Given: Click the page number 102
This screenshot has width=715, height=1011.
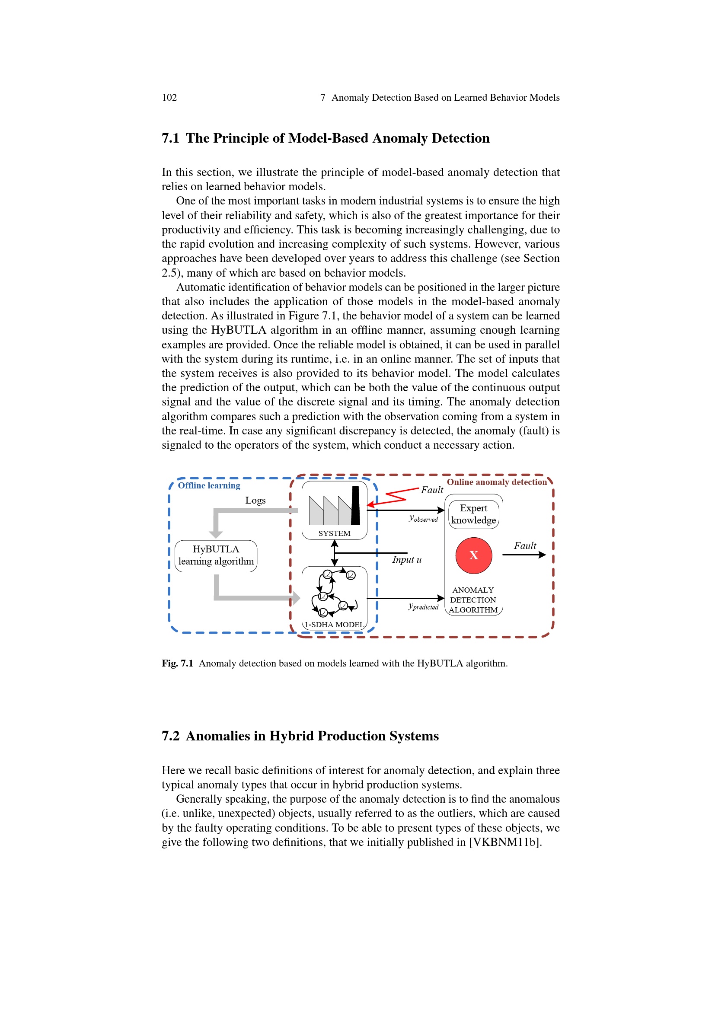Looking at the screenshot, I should pos(169,97).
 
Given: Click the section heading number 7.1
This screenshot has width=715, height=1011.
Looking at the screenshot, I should pos(170,138).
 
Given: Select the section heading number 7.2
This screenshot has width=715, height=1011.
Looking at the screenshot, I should pos(170,736).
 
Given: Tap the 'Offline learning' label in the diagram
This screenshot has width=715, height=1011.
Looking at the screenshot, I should pos(209,485).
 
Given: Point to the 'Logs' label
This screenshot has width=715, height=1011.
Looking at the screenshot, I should pos(255,500).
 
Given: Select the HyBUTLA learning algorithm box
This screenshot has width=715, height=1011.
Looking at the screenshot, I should pos(216,555).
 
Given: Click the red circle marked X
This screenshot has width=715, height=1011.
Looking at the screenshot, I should pos(473,555).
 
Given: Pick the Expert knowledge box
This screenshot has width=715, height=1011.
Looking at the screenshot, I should pos(473,514).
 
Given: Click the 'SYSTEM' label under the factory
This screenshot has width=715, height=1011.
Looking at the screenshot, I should pos(334,533).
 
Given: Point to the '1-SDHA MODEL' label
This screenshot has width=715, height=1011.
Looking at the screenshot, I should pos(334,625).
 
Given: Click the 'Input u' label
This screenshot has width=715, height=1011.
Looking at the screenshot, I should pos(406,560).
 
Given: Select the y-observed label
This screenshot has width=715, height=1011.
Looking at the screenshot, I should pos(423,519).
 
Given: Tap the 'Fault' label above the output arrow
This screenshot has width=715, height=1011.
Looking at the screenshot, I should pos(525,545).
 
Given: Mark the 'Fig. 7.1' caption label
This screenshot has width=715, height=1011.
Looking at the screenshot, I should pos(177,663).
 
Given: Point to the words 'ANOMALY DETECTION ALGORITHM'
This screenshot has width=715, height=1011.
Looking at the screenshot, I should pos(473,600).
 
